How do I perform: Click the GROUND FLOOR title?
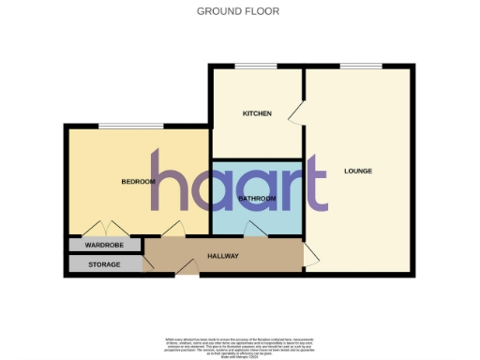238,11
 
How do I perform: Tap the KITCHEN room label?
257,113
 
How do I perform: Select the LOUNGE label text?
358,171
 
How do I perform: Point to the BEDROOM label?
138,181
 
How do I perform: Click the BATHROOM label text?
257,199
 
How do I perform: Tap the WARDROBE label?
104,246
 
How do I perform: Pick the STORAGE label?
104,264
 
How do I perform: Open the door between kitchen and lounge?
295,113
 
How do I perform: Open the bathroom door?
254,230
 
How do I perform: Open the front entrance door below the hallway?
187,271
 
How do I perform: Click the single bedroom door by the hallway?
172,229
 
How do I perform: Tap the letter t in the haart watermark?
319,187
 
